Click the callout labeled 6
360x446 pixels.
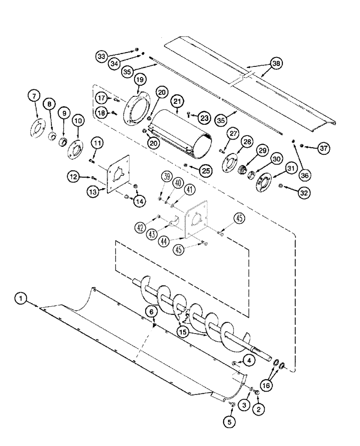point(153,313)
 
